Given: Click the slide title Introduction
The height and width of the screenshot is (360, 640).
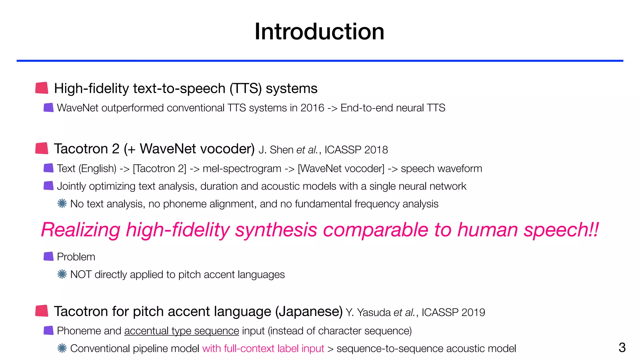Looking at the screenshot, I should (319, 32).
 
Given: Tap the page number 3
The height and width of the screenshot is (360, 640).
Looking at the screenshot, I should (622, 347).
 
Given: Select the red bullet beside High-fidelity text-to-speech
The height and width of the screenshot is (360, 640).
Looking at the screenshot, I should (42, 88).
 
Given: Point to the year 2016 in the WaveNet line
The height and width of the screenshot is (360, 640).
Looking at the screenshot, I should (312, 108).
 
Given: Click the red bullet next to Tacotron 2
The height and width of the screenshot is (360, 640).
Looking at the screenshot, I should (42, 148).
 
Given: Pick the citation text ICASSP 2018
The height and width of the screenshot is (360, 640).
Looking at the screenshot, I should (356, 150).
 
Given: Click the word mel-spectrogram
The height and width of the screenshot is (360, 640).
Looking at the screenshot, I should (242, 169).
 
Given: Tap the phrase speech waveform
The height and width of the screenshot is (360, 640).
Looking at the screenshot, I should (441, 169).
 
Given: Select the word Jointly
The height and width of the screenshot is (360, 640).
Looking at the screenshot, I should (71, 186).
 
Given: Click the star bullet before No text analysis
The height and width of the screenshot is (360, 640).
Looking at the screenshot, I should (62, 204).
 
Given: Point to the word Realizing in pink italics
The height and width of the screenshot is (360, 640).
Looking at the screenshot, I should (81, 230).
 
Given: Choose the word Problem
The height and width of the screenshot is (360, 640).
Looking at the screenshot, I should (76, 257).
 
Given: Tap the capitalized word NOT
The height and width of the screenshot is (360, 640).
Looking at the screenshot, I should (81, 275).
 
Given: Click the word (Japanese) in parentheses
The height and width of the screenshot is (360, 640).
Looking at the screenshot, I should (309, 312).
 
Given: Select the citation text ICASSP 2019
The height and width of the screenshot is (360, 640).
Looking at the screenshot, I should (453, 312).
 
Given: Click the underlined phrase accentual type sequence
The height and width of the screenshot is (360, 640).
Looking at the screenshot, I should (182, 331).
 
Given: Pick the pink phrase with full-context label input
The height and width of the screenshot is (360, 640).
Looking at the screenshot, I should (263, 348).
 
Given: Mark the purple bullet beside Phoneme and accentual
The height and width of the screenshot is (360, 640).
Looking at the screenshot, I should (49, 331).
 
